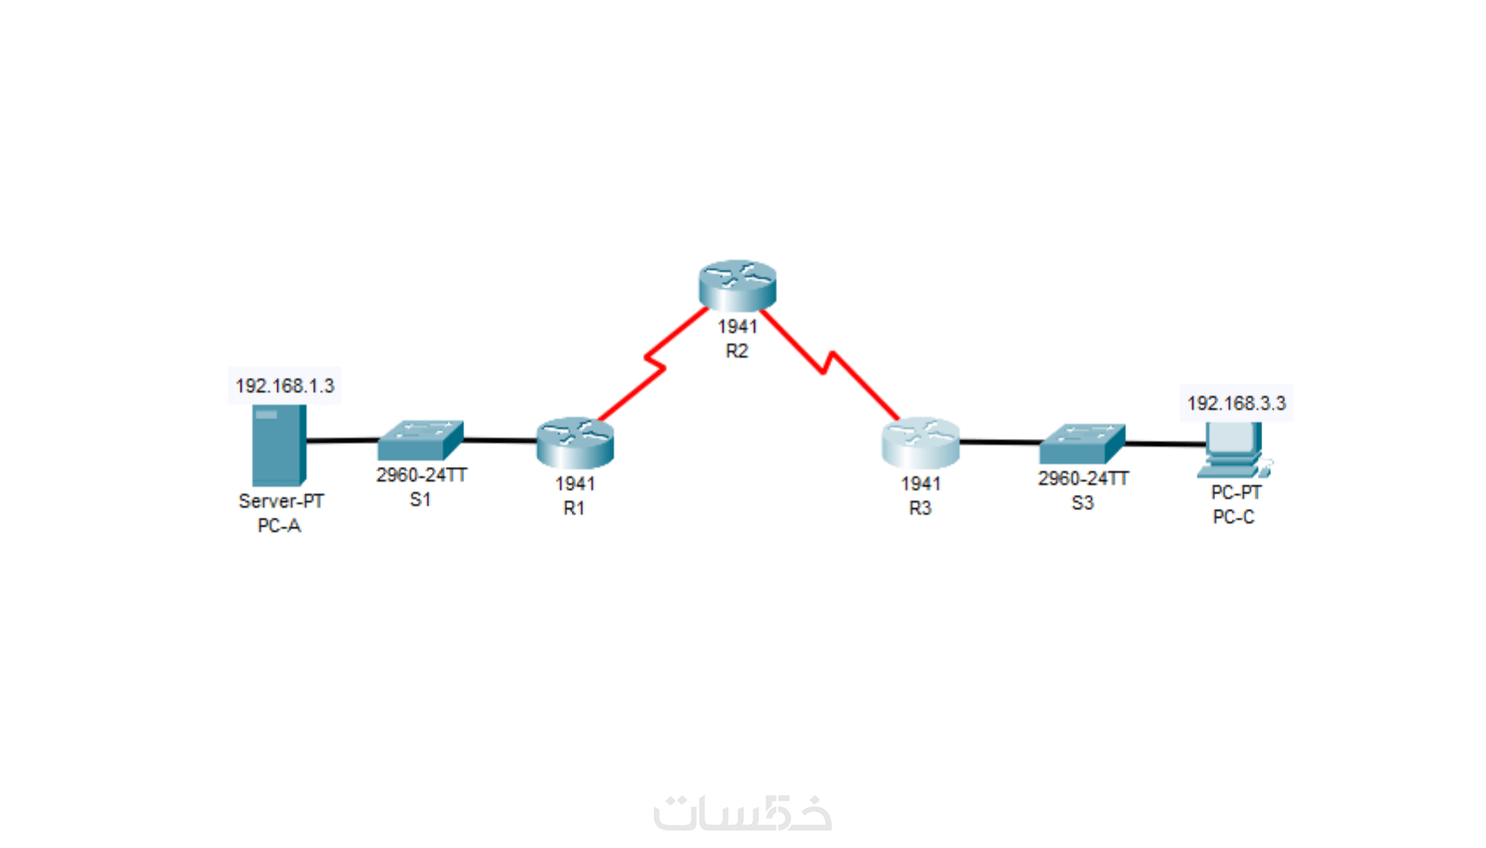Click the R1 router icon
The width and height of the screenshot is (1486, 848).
click(575, 442)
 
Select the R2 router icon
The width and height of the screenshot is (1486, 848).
click(737, 285)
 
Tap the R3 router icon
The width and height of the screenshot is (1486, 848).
click(920, 442)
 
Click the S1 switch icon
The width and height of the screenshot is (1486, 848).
click(420, 441)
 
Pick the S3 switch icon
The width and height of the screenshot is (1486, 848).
click(1081, 443)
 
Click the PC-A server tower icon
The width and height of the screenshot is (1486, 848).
click(279, 444)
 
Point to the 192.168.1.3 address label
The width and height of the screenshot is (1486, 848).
click(284, 386)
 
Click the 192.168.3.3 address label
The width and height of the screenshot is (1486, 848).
click(1236, 403)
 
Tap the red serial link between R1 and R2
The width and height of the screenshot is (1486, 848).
click(654, 364)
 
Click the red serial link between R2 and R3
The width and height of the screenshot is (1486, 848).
click(826, 362)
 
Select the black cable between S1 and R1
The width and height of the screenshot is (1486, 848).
click(499, 441)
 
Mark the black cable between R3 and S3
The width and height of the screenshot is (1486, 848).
click(1000, 442)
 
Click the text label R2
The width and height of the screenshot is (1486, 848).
click(737, 351)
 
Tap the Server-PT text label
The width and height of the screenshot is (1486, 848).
click(281, 501)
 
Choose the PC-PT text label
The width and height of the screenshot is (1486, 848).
click(1236, 492)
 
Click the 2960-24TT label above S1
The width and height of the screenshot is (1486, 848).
click(421, 475)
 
